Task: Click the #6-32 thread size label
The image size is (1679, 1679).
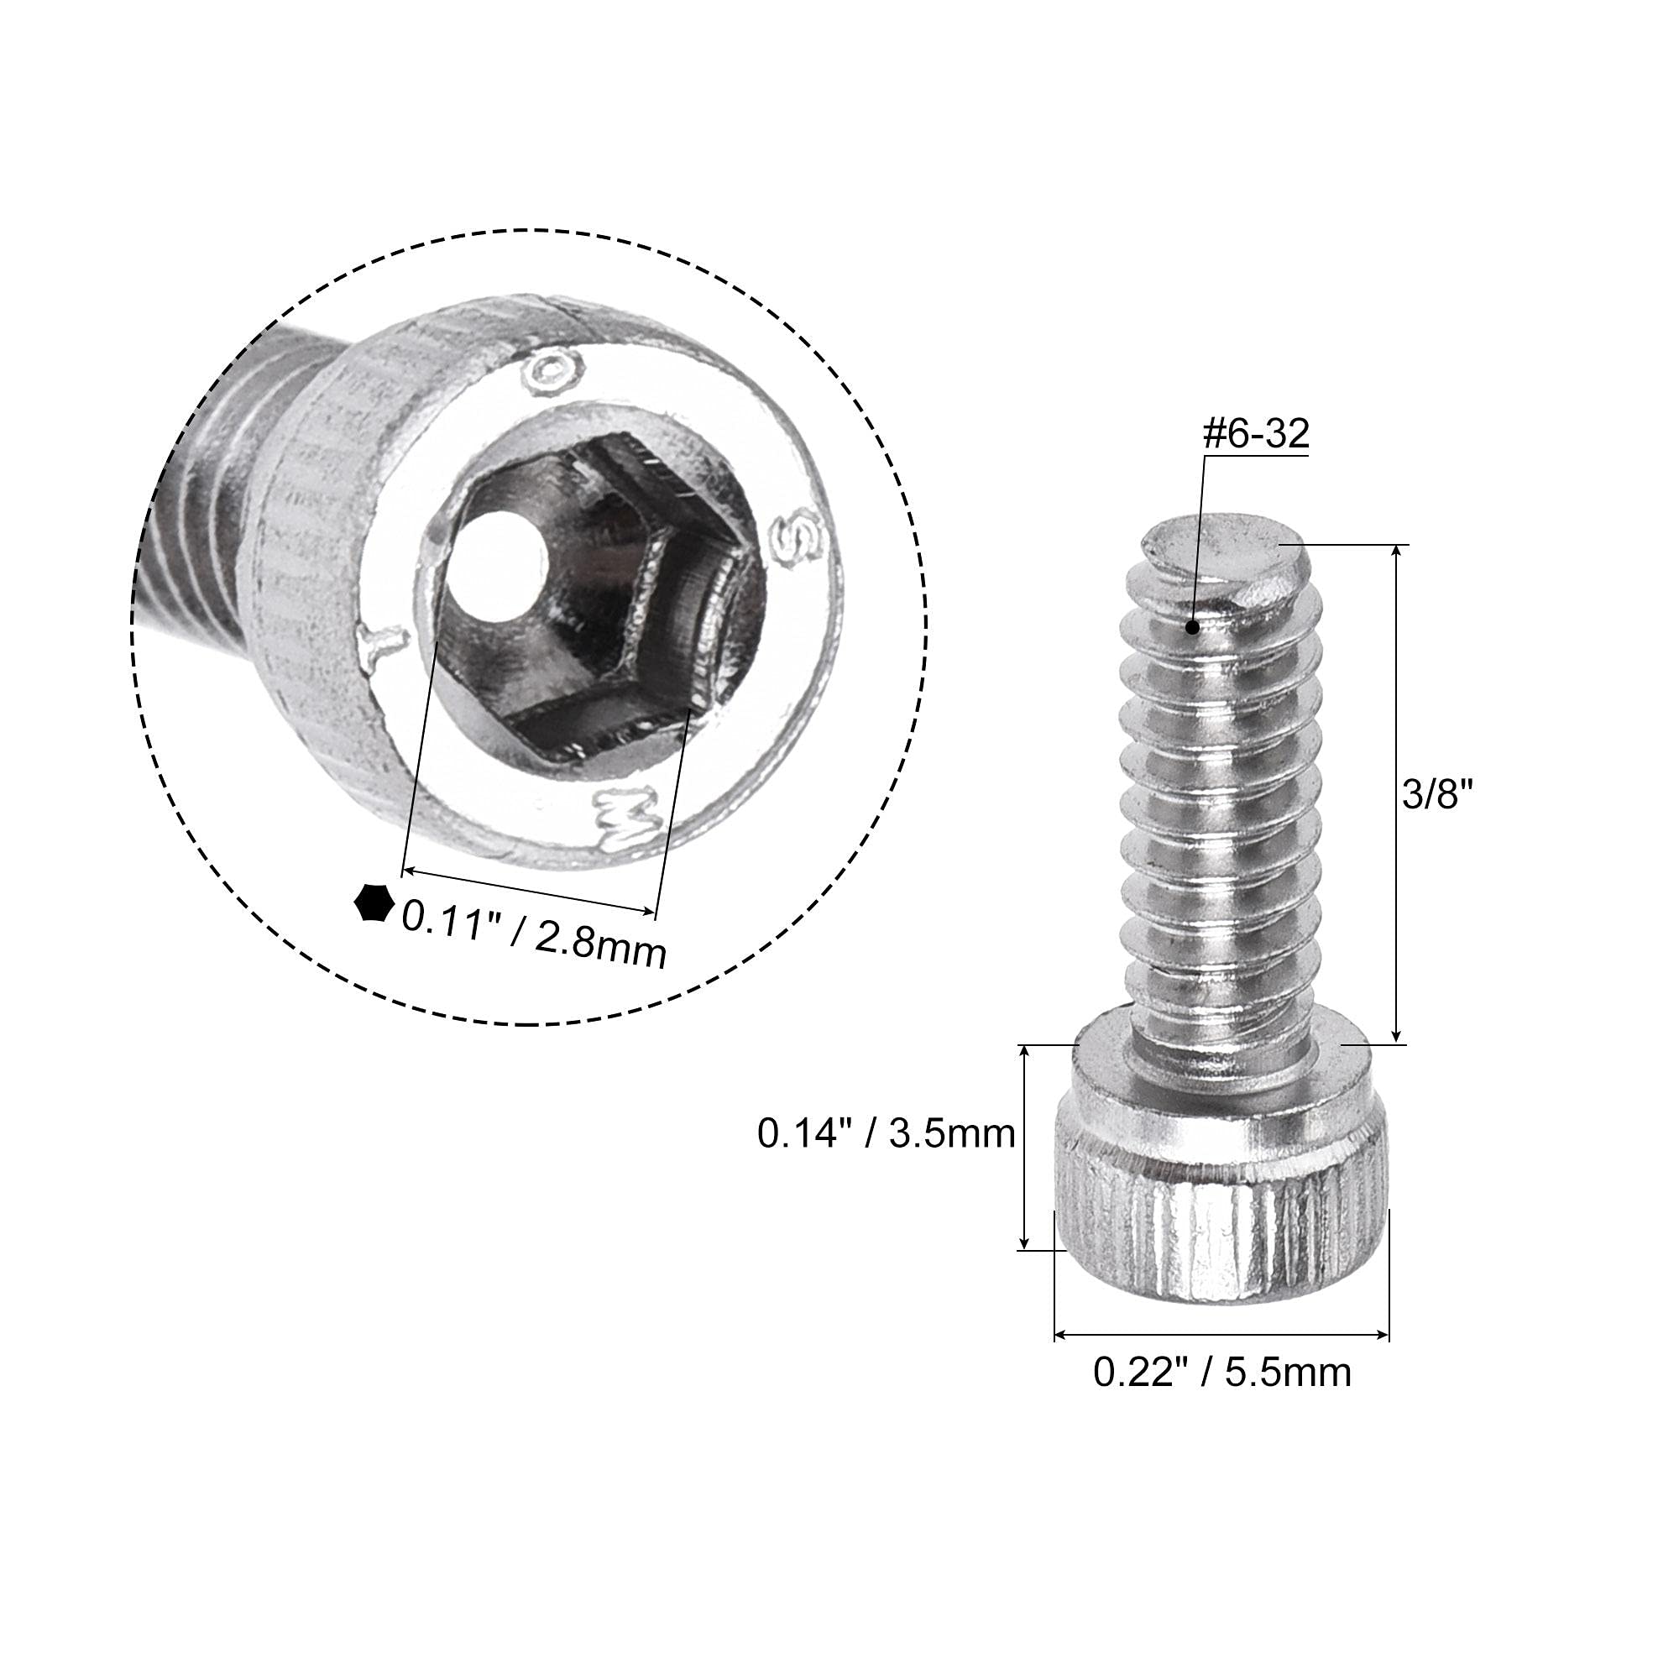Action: click(x=1256, y=435)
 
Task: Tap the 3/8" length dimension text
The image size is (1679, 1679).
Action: click(x=1440, y=794)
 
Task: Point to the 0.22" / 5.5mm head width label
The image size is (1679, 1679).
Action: click(x=1221, y=1373)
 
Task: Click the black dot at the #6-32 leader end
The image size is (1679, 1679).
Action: click(x=1192, y=626)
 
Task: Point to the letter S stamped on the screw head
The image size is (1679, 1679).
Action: click(x=797, y=541)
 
